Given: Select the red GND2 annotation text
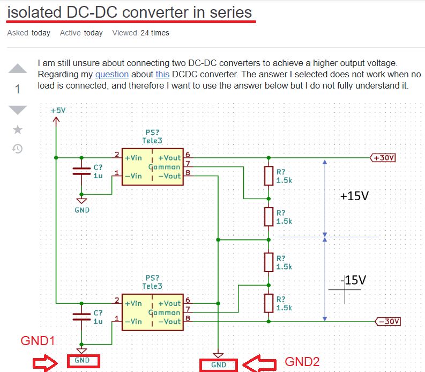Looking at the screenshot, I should click(302, 361).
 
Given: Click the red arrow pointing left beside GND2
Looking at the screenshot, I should click(259, 363).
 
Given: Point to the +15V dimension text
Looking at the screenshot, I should click(354, 196).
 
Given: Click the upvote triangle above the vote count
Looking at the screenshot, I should click(18, 68).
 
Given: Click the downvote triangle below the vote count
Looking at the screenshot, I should click(18, 110).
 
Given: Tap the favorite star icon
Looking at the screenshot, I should click(18, 129).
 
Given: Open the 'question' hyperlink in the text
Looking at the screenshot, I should click(111, 74).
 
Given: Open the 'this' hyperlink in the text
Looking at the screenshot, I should click(162, 74).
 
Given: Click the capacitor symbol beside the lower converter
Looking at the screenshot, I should click(81, 317).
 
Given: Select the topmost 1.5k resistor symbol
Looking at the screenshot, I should click(269, 176).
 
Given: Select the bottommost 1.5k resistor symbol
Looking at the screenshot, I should click(269, 303).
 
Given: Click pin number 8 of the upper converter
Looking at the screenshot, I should click(188, 173).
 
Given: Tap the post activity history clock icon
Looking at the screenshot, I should click(18, 149).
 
